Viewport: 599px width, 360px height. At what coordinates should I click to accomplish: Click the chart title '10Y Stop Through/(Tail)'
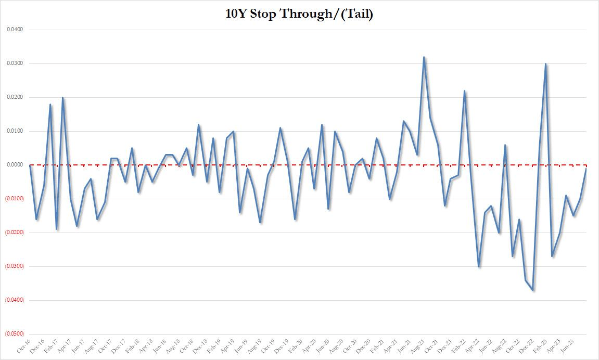[x=299, y=14]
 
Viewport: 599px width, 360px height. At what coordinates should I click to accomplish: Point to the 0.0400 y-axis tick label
[x=15, y=30]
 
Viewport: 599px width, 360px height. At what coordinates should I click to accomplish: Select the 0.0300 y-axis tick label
[x=15, y=63]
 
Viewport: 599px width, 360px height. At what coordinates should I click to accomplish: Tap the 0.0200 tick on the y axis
[x=15, y=97]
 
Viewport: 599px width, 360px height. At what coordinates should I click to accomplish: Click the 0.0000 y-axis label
[x=15, y=165]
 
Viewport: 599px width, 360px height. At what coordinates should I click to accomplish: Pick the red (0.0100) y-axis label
[x=14, y=199]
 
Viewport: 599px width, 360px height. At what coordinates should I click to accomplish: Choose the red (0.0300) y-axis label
[x=14, y=266]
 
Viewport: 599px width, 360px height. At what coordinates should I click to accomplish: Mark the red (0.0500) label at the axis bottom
[x=14, y=334]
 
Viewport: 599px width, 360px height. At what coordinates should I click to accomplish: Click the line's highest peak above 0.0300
[x=424, y=57]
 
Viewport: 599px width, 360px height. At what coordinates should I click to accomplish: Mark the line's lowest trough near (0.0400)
[x=533, y=290]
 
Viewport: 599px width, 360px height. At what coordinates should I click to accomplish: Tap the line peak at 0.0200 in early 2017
[x=63, y=98]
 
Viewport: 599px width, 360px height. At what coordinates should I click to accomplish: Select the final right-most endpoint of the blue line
[x=587, y=169]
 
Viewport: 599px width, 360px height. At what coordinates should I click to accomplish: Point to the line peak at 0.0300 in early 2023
[x=545, y=64]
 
